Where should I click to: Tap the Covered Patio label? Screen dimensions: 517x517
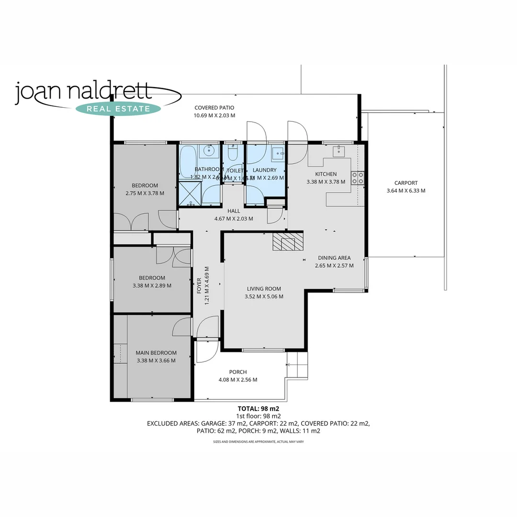(x=214, y=108)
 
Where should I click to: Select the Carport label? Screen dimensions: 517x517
(x=406, y=183)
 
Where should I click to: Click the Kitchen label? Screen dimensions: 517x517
(x=326, y=174)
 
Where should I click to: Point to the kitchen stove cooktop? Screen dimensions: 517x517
(x=358, y=178)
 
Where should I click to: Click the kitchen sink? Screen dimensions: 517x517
(x=338, y=152)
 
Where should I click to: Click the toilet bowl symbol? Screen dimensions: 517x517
(x=233, y=153)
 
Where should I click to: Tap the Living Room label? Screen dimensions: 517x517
(x=264, y=289)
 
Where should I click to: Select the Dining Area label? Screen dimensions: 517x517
(x=334, y=258)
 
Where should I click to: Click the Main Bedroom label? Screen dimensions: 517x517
(x=156, y=353)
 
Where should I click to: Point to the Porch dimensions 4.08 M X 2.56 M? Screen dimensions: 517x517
(x=238, y=380)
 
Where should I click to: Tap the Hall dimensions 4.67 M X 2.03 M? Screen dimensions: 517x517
(x=234, y=219)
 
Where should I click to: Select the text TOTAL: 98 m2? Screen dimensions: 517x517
(x=258, y=409)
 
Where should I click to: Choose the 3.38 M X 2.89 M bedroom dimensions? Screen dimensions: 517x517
(x=152, y=286)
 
